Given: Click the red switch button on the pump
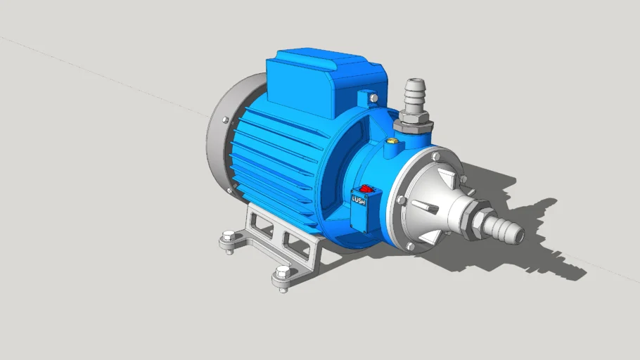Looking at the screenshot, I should coord(366,189).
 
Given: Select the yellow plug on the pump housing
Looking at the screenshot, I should coord(390,141).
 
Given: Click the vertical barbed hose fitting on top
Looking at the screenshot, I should coord(414,96).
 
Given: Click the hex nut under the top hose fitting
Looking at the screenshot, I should coord(412,127).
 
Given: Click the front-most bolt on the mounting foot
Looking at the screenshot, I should coord(283,274).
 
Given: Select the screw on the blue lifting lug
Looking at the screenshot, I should coord(373,98).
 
